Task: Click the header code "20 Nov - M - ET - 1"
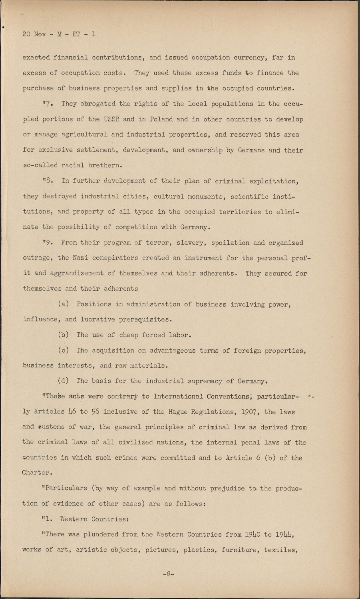tap(59, 34)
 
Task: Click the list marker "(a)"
tap(64, 304)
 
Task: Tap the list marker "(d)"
tap(64, 381)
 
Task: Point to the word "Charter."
tap(37, 473)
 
